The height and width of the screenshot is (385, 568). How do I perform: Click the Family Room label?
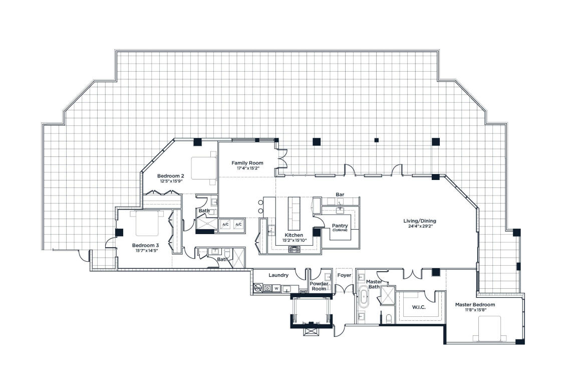tap(247, 163)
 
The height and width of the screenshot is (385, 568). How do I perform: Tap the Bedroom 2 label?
tap(171, 176)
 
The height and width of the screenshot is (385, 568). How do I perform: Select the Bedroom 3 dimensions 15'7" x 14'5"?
tap(146, 251)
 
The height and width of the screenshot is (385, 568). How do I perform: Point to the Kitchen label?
tap(294, 235)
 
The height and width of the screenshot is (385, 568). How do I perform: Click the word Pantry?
tap(340, 226)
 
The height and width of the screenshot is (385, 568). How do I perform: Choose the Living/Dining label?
tap(420, 221)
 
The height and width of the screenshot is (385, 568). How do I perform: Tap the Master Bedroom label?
tap(475, 304)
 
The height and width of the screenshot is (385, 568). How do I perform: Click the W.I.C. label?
tap(418, 307)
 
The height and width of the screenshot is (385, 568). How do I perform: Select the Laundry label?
tap(278, 275)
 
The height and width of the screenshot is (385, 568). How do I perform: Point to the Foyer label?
tap(344, 275)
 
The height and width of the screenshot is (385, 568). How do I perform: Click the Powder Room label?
tap(319, 286)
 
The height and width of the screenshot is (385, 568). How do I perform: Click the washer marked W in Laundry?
tap(276, 288)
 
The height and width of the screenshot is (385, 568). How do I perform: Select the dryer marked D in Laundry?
tap(267, 288)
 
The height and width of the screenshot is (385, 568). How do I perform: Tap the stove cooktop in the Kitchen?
tap(294, 249)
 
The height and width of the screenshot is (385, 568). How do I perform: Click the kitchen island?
tap(294, 212)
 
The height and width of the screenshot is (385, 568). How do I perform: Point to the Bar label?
tap(340, 194)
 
